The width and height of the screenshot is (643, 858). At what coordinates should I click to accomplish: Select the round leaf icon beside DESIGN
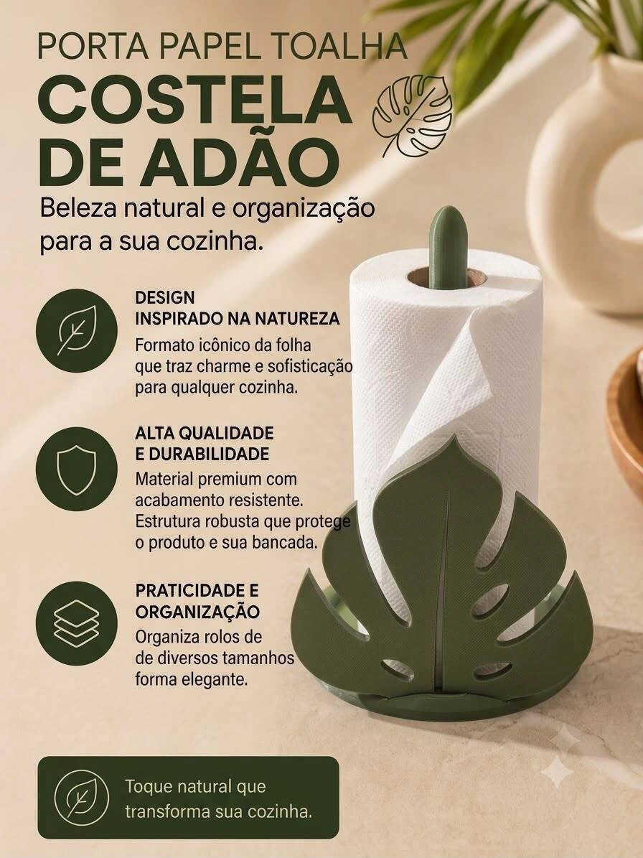click(x=77, y=330)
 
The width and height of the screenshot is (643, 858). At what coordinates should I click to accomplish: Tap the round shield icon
click(x=77, y=468)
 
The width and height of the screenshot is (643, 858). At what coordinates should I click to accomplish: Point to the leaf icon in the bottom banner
click(x=80, y=798)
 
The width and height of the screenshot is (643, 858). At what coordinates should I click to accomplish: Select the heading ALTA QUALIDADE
click(x=204, y=433)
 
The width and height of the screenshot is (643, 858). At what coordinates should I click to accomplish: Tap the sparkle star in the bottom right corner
click(x=564, y=755)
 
